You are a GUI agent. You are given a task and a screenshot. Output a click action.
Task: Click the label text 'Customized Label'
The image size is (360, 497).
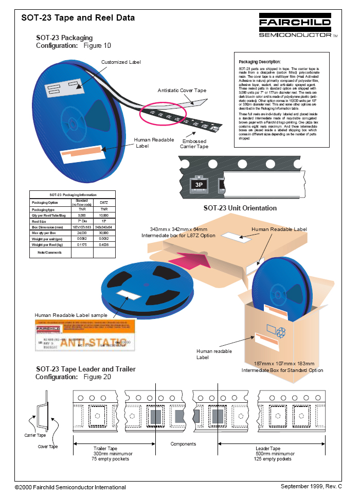[x=121, y=62]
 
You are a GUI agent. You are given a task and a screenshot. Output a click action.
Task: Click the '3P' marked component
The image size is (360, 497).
[x=199, y=184]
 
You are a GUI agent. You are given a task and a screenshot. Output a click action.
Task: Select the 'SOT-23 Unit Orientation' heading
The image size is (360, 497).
[x=240, y=208]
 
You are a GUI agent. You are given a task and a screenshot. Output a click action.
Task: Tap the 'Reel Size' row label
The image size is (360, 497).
[x=40, y=222]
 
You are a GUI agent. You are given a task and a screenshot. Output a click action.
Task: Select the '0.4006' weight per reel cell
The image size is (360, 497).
[x=103, y=244]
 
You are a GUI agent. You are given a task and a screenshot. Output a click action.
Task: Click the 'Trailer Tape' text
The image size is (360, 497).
[x=106, y=449]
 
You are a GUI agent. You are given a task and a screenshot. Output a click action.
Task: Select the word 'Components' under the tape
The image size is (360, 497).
[x=183, y=444]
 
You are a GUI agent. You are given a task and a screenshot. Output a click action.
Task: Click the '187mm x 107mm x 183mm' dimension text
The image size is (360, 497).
[x=285, y=363]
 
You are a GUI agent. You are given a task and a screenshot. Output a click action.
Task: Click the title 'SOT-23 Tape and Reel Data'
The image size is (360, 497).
[x=78, y=18]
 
